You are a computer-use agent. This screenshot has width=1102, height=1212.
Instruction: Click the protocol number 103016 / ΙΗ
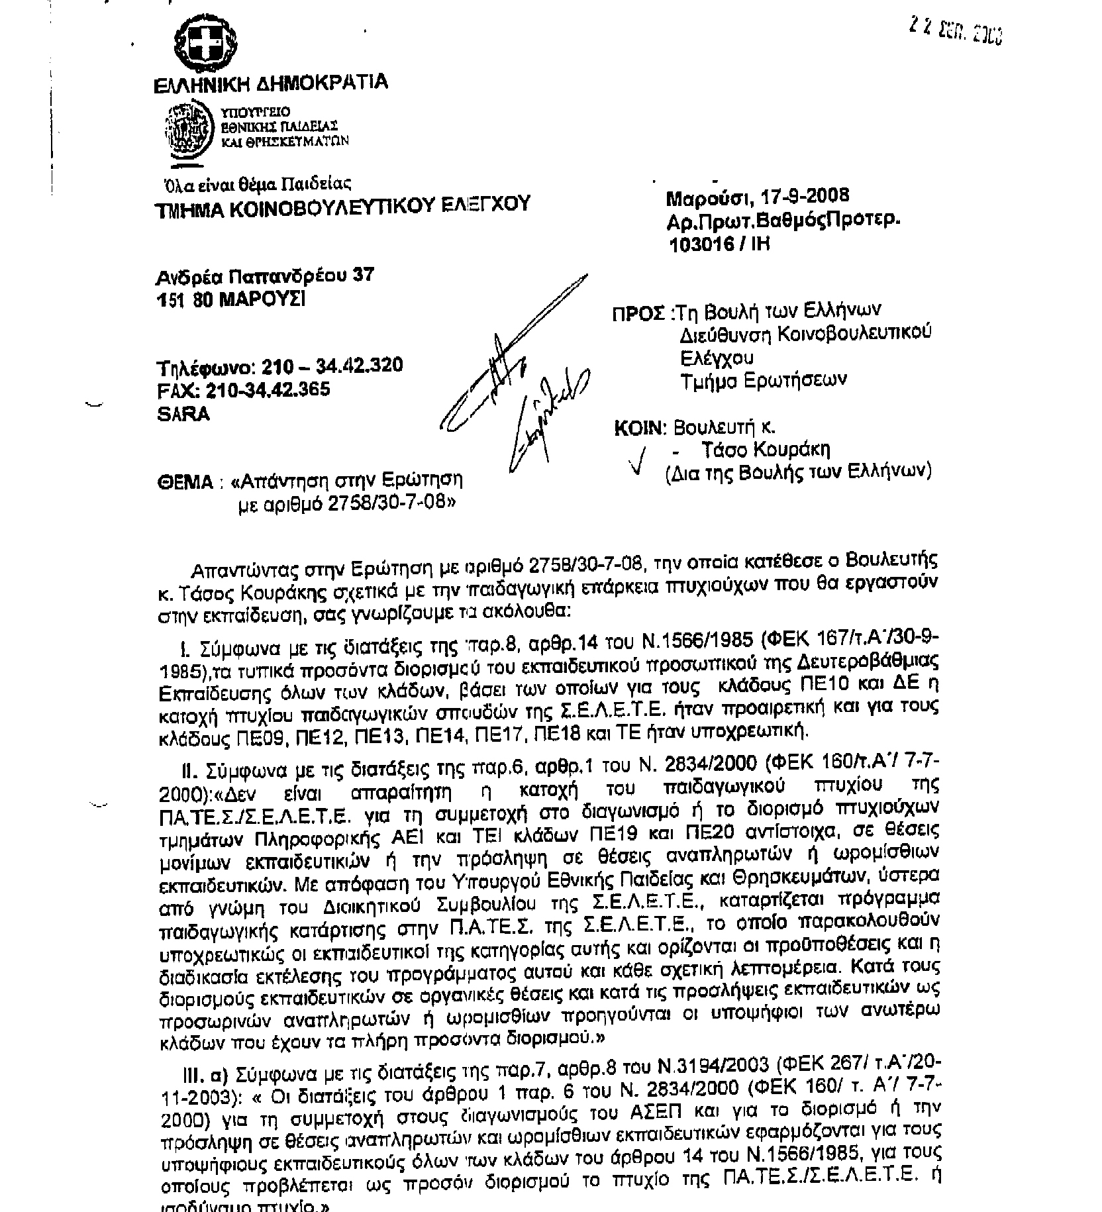tap(720, 244)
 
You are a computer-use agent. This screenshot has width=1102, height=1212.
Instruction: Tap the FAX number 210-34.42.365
tap(268, 389)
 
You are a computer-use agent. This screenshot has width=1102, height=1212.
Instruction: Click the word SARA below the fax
tap(183, 414)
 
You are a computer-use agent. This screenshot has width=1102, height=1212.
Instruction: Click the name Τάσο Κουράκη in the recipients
tap(766, 450)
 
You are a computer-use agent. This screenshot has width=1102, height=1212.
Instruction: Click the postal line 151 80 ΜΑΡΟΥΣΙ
tap(231, 299)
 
